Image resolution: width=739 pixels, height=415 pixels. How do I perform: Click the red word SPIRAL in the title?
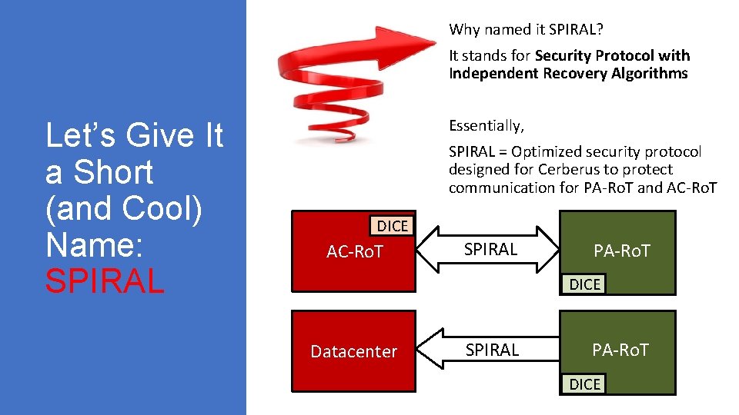(105, 281)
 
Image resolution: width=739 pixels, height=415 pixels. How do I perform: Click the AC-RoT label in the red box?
(355, 251)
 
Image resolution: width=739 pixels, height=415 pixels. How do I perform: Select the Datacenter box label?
(353, 351)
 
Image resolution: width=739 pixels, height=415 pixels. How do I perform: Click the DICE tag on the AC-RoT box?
(392, 226)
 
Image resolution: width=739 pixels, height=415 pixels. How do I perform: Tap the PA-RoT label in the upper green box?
(621, 250)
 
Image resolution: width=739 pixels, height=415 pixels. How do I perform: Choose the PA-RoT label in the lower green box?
(620, 350)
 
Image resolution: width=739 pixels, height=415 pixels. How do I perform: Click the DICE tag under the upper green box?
(584, 284)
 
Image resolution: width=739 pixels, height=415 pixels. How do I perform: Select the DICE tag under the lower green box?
(584, 384)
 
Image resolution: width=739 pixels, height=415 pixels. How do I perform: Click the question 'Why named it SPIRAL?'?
(526, 30)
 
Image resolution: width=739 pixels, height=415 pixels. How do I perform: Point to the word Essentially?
(486, 125)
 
